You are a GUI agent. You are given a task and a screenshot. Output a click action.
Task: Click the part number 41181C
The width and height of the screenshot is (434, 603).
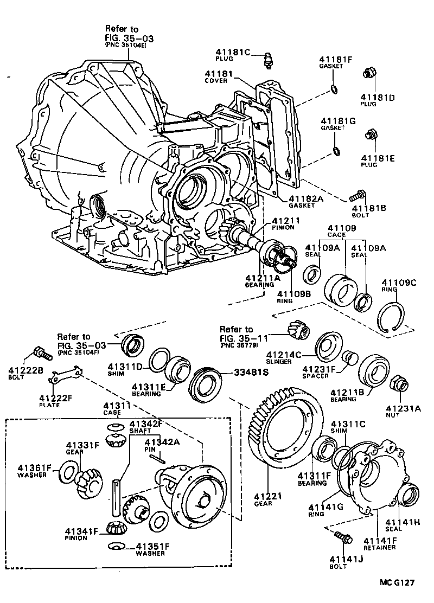231,53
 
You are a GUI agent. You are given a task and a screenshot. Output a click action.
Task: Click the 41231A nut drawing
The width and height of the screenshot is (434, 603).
398,383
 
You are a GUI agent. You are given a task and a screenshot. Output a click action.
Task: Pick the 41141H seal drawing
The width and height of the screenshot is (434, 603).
408,495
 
